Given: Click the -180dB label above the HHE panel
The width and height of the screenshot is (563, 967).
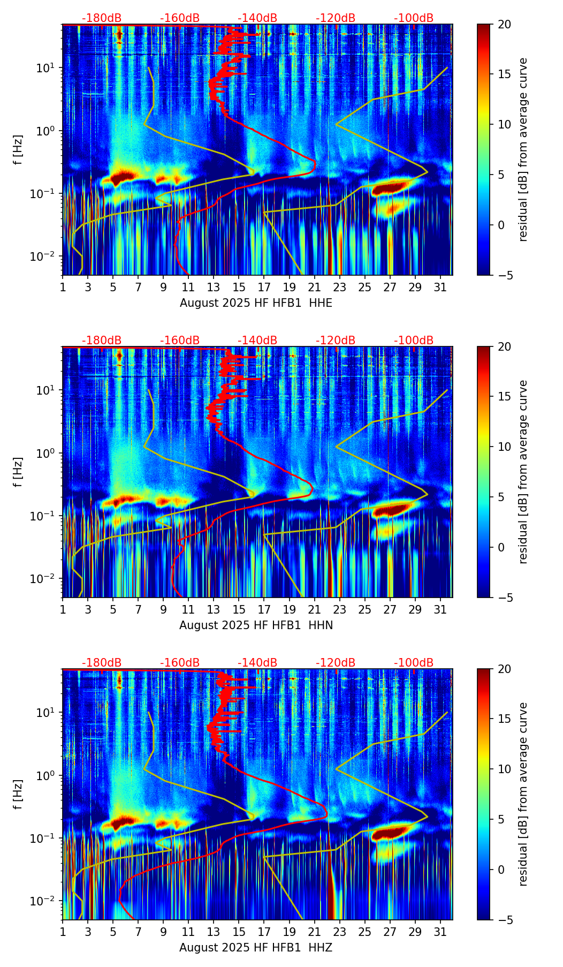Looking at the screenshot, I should click(x=102, y=18).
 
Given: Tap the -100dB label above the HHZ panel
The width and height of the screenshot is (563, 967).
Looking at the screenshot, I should click(x=414, y=663).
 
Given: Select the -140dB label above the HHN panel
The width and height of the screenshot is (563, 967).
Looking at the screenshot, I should click(x=257, y=341).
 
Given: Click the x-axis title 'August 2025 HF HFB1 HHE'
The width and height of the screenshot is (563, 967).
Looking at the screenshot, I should click(x=256, y=303).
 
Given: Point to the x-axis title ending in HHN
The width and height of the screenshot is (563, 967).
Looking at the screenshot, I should click(x=256, y=625).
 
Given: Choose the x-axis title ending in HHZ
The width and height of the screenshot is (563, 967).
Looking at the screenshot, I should click(x=256, y=948).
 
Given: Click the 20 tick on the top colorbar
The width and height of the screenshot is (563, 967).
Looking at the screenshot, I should click(x=504, y=25).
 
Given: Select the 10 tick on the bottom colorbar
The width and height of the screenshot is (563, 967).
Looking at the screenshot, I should click(x=504, y=769).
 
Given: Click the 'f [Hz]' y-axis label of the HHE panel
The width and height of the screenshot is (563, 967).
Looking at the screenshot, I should click(x=18, y=150).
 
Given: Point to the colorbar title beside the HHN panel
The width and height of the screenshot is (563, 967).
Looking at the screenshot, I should click(x=523, y=472).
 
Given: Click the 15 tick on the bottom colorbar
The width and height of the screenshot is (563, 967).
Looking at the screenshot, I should click(x=504, y=719).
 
